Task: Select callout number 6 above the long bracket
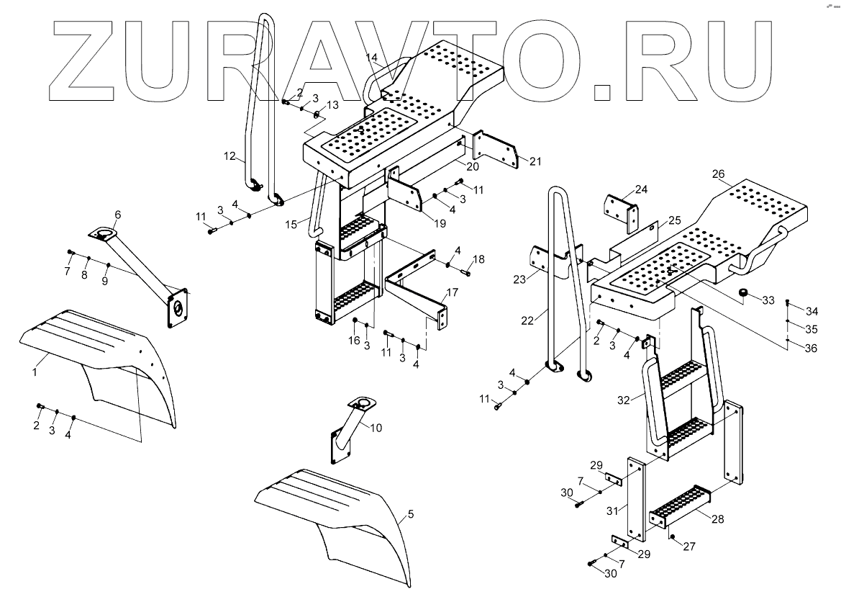(x=117, y=214)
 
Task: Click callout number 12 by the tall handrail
(x=230, y=155)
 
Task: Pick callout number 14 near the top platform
(x=371, y=56)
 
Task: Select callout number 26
(x=718, y=174)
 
